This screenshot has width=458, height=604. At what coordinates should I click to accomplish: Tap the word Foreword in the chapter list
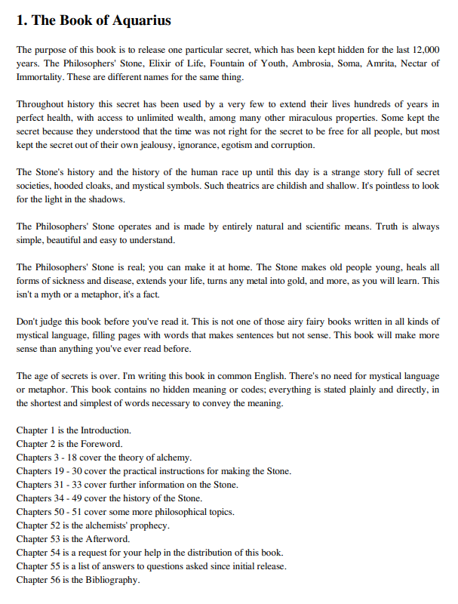coord(101,444)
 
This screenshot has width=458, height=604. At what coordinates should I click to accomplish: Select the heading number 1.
coord(20,21)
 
